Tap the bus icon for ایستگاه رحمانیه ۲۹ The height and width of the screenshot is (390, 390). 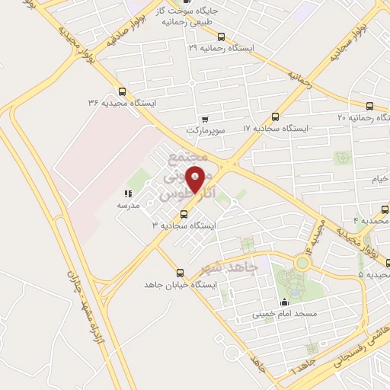pos(221,37)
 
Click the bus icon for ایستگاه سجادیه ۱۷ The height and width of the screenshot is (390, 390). pos(275,117)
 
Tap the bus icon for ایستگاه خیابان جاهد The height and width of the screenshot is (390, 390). pos(181,273)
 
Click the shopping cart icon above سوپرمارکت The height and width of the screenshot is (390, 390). pos(205,119)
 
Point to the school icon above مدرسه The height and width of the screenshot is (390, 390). pos(126,194)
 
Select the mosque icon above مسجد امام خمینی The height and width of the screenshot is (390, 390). pos(285,302)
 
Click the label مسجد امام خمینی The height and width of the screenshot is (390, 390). pos(284,314)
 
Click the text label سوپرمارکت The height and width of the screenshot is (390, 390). pos(205,130)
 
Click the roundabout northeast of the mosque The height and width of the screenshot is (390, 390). pos(303,264)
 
